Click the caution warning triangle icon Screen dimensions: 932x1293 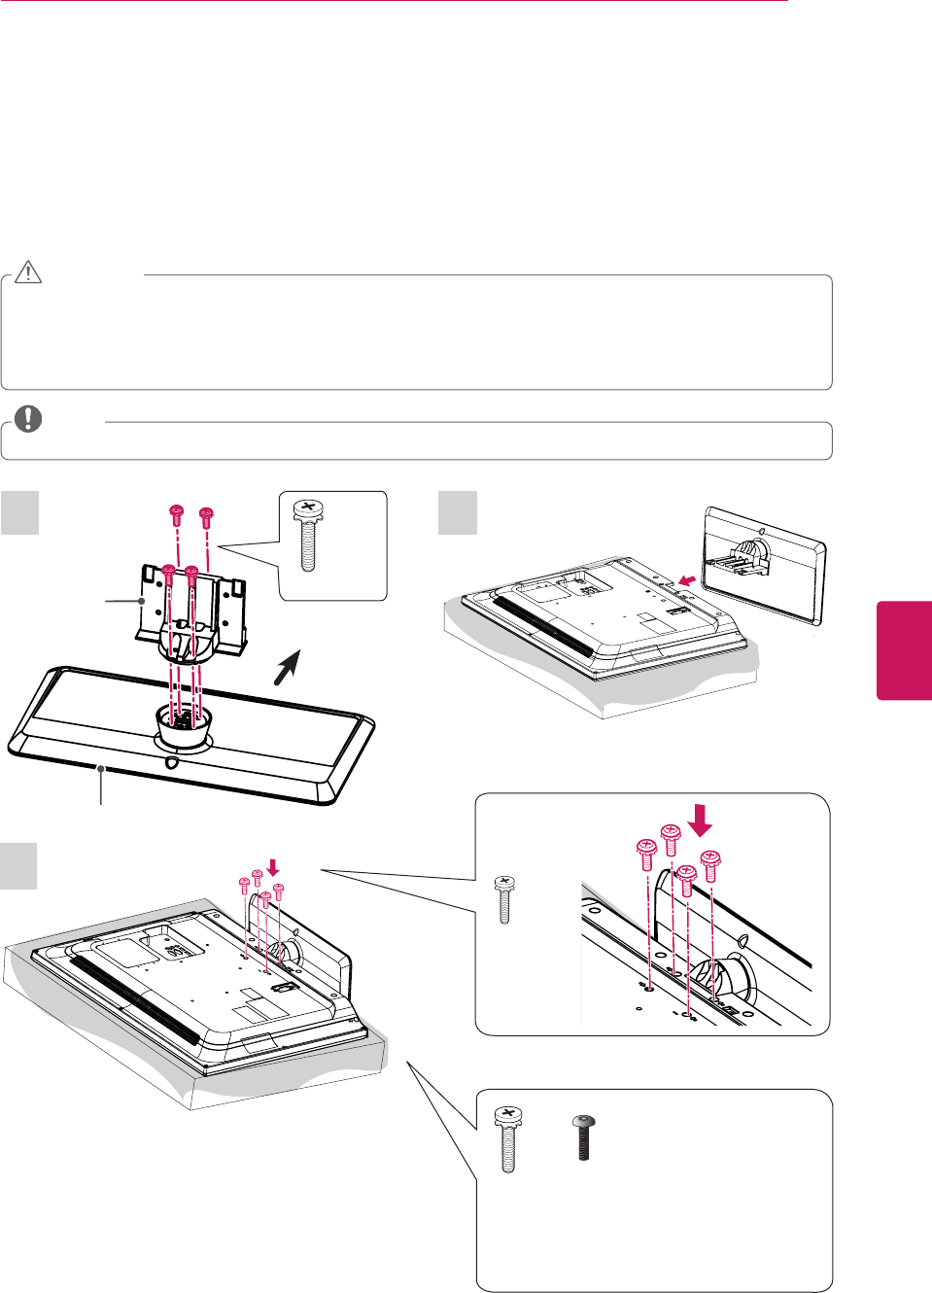[28, 272]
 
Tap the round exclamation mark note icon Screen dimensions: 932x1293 [28, 419]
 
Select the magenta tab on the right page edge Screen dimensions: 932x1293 [905, 649]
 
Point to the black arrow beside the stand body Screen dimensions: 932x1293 [287, 668]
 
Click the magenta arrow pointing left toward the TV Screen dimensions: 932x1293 [687, 580]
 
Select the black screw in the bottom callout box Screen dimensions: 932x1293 [584, 1138]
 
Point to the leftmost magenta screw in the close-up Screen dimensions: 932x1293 [645, 856]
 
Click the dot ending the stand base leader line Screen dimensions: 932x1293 [101, 769]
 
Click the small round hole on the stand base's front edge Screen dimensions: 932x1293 [172, 763]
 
